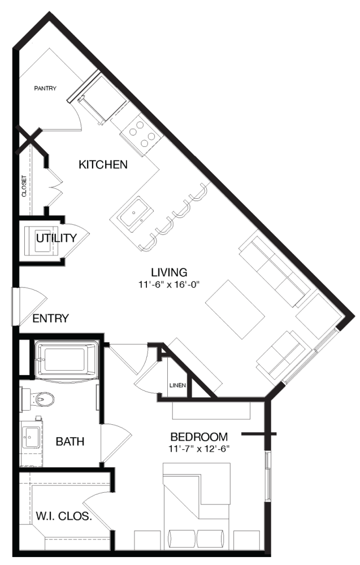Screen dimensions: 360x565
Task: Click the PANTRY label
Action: [45, 88]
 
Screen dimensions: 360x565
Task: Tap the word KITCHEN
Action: [103, 164]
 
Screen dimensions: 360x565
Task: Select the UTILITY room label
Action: [57, 238]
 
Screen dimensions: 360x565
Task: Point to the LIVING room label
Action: [169, 272]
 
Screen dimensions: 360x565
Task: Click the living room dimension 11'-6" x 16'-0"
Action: [169, 285]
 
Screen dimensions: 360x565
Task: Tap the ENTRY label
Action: [50, 318]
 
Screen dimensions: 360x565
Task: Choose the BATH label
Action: [70, 441]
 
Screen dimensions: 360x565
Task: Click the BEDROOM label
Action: [199, 437]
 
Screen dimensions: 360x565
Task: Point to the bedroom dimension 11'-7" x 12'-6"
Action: [199, 449]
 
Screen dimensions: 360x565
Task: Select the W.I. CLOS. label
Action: [64, 516]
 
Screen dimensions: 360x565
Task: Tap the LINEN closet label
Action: [177, 385]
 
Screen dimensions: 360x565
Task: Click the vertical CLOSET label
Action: [24, 186]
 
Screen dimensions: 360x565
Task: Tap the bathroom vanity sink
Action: [31, 437]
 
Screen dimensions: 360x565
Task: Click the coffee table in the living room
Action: [235, 310]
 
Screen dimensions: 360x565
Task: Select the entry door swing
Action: [31, 306]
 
